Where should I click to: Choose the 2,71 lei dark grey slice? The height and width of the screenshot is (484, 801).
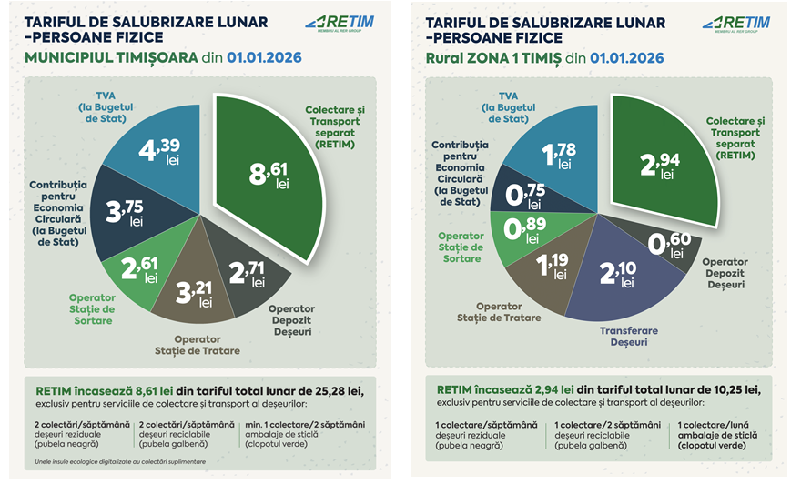click(248, 273)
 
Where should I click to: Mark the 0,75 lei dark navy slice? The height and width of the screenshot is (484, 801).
click(526, 194)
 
